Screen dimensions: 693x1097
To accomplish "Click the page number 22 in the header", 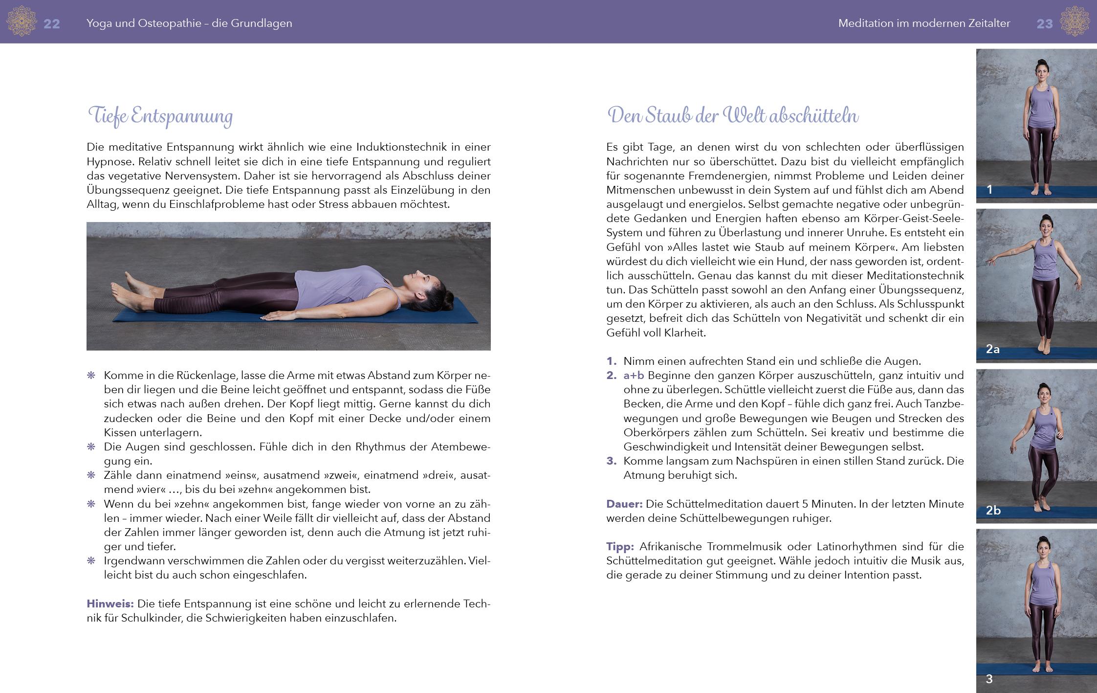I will point(52,23).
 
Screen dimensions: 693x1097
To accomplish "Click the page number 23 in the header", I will point(1044,23).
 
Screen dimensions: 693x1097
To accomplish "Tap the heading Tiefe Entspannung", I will point(160,116).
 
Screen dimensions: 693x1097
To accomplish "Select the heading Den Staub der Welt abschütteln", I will point(732,116).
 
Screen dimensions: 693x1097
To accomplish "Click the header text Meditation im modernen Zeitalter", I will point(924,23).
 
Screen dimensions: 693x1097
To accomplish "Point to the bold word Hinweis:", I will point(110,604).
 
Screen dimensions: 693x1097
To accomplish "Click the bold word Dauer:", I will point(624,504).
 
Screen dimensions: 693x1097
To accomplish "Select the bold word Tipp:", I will point(620,546).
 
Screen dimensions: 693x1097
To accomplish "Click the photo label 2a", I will point(992,349).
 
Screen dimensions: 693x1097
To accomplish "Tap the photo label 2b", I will point(993,511).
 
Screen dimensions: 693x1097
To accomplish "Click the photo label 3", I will point(989,679).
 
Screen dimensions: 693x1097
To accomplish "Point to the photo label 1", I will point(989,190).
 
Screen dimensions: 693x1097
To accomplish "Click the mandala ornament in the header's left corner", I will point(21,22).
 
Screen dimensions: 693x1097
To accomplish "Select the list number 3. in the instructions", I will point(612,461).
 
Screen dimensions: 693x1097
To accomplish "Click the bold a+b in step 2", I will point(634,376).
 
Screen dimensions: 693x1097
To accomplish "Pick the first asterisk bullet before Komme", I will point(91,376).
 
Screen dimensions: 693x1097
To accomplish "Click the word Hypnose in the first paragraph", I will point(110,161).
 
